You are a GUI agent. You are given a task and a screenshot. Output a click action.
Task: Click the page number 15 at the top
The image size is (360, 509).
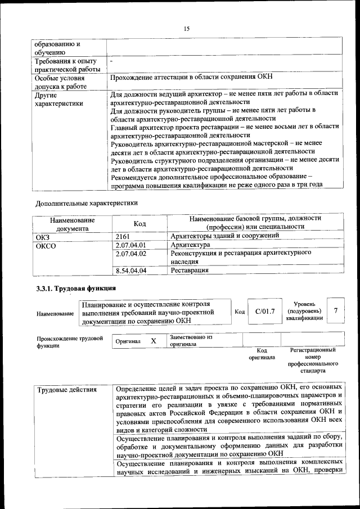pos(186,29)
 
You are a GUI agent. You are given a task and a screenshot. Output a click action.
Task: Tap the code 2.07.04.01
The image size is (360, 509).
pos(130,245)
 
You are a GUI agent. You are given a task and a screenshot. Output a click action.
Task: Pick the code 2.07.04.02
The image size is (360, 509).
pos(130,254)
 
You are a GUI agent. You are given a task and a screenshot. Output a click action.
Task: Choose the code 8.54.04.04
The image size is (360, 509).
pos(130,271)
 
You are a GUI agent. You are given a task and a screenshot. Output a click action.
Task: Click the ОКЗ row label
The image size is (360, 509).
pos(43,237)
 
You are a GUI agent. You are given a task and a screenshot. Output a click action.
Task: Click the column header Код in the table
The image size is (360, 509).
pos(140,224)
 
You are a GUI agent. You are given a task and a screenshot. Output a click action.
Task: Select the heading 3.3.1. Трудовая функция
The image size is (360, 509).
pos(71,289)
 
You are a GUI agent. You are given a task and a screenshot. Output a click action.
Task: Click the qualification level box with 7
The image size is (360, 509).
pos(336,311)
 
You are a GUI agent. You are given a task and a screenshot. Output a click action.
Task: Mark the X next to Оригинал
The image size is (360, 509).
pos(153,341)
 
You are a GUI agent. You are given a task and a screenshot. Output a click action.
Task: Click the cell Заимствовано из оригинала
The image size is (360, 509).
pos(191,340)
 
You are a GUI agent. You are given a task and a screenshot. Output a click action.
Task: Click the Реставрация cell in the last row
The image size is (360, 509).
pos(190,271)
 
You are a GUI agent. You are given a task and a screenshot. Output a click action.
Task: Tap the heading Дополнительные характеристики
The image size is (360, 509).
pos(86,202)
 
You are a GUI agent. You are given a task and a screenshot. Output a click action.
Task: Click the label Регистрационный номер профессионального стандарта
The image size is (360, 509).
pos(313,361)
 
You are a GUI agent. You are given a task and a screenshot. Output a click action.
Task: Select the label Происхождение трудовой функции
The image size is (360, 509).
pos(70,343)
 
